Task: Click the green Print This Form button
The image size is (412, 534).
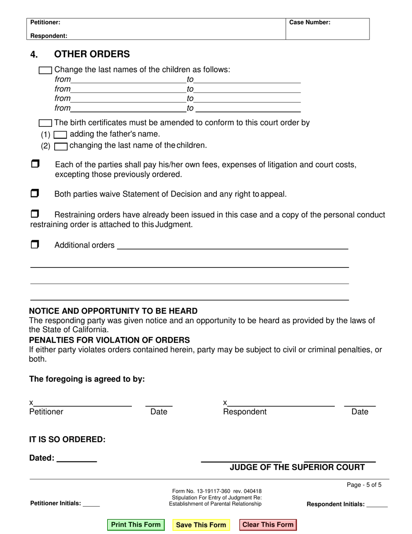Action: [136, 525]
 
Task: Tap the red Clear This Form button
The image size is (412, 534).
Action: [268, 525]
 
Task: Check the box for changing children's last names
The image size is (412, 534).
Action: [45, 70]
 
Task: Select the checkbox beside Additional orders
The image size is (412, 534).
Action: [35, 244]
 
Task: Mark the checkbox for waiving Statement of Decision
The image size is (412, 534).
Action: [35, 193]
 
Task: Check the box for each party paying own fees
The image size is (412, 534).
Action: [35, 164]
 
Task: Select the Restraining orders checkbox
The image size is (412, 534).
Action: [35, 214]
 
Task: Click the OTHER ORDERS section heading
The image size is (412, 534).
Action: [92, 54]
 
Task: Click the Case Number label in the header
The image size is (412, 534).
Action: [310, 22]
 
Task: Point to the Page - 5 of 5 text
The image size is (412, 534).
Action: [364, 485]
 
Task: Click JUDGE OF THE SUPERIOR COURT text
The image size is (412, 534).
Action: [297, 468]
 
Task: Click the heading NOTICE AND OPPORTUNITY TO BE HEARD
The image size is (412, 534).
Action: [113, 311]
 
